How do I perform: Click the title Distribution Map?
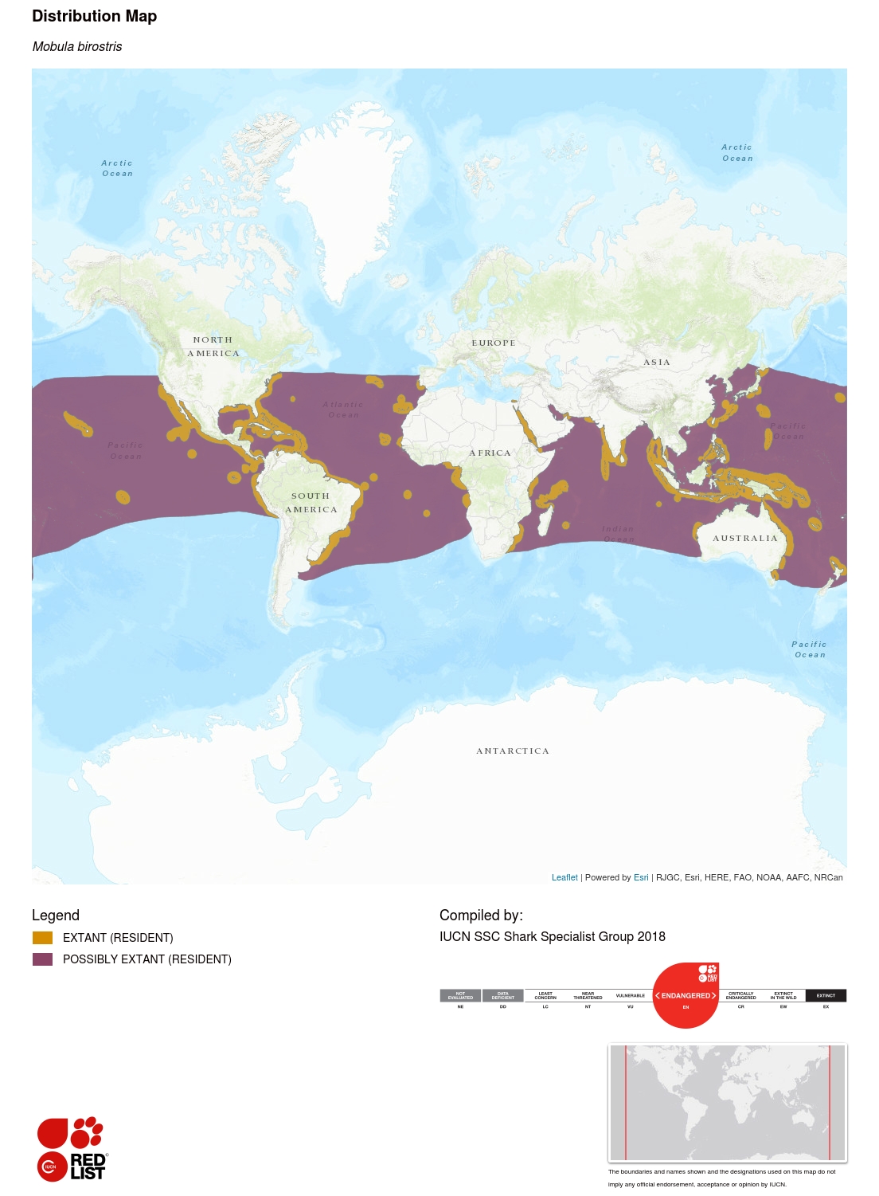(x=94, y=16)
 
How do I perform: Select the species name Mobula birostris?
(x=77, y=47)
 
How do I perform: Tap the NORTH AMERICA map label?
(x=213, y=347)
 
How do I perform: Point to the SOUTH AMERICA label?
(x=311, y=503)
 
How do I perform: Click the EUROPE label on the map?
(x=493, y=343)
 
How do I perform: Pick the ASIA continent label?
(x=656, y=363)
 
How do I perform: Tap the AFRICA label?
(x=490, y=453)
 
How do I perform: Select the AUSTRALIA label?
(x=744, y=539)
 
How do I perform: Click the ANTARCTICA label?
(x=512, y=751)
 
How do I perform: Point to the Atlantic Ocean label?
(x=343, y=410)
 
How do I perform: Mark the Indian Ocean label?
(x=618, y=534)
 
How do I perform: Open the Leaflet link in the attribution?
(x=565, y=877)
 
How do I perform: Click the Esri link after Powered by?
(x=641, y=877)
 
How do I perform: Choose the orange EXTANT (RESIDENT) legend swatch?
(x=42, y=938)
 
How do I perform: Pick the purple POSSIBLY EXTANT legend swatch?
(x=42, y=959)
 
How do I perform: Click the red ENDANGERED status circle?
(x=686, y=996)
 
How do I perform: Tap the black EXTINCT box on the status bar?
(x=826, y=995)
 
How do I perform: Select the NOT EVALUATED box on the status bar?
(x=460, y=995)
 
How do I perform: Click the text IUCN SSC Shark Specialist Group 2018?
(x=552, y=937)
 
